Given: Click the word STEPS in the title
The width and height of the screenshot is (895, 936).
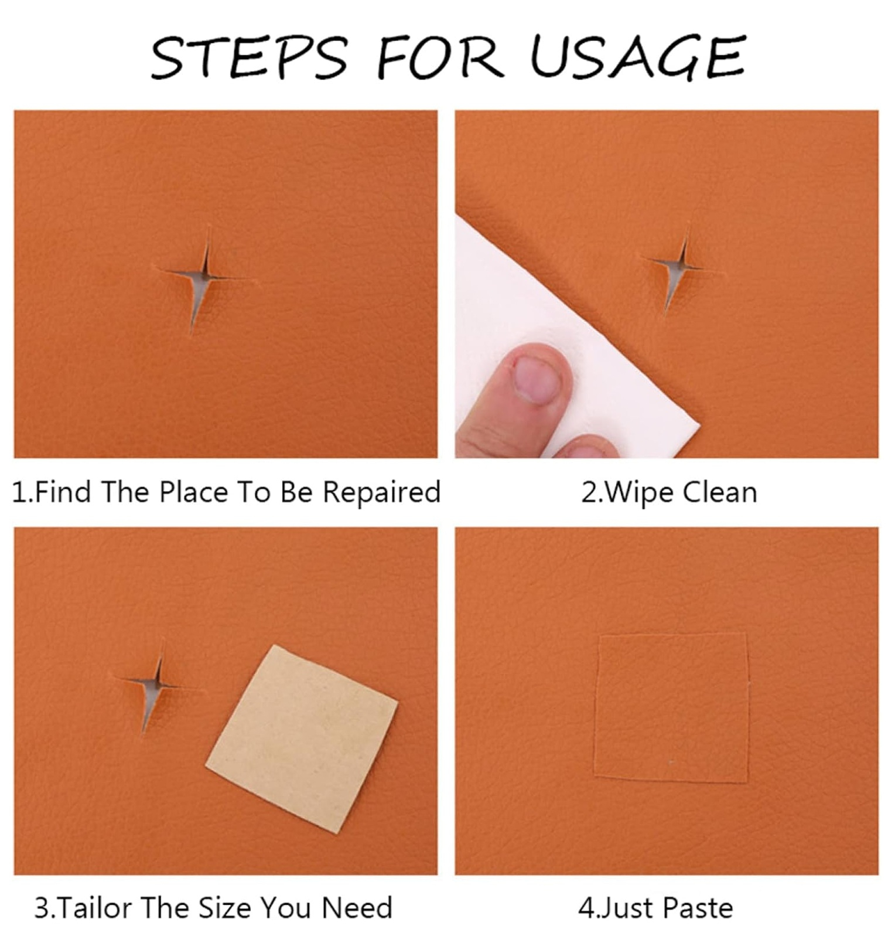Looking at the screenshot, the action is tap(250, 57).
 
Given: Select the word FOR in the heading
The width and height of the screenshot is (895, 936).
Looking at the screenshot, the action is tap(439, 57).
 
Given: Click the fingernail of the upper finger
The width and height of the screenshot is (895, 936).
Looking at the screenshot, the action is tap(537, 379).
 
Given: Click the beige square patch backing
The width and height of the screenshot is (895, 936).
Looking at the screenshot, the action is tap(302, 738).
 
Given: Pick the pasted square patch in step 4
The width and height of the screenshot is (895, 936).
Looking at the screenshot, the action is tap(672, 707).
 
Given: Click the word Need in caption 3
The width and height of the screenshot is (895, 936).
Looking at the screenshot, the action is tap(357, 908).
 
